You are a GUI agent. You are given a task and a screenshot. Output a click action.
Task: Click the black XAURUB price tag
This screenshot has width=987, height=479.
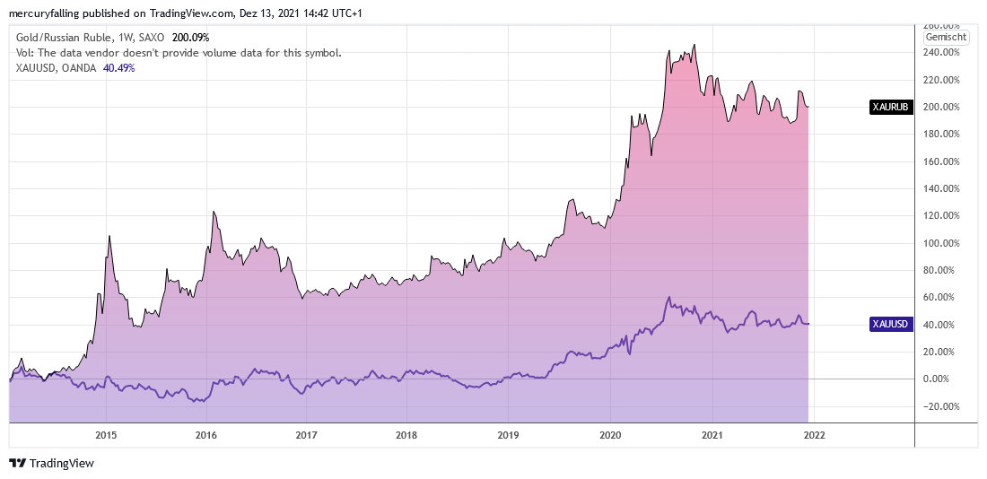point(892,107)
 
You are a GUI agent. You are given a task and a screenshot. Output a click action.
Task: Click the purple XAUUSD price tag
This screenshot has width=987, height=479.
point(892,324)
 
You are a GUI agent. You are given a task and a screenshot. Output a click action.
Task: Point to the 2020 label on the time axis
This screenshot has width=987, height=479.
point(610,435)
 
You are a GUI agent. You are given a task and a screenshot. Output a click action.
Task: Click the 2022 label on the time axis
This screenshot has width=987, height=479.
point(813,435)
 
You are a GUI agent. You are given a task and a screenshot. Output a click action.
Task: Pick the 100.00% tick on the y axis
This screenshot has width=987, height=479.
point(943,243)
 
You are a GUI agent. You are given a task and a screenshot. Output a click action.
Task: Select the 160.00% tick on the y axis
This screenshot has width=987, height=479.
point(943,161)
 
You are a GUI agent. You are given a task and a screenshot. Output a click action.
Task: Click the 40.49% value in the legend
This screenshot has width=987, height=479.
point(119,68)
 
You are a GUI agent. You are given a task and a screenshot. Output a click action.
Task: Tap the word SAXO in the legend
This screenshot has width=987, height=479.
point(154,38)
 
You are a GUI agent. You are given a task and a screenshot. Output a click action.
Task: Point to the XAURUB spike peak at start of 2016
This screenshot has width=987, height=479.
point(214,212)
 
